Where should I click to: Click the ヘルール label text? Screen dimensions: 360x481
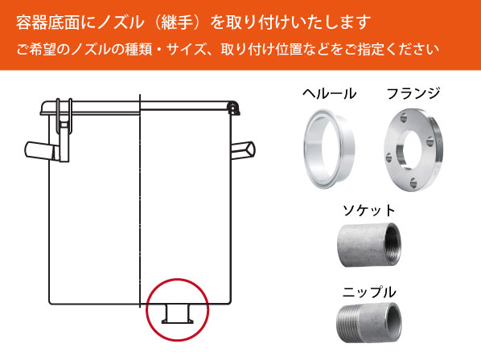330,93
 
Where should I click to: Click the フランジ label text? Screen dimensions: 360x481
413,93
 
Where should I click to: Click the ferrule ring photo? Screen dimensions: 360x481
330,145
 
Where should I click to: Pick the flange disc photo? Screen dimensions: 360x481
413,145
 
